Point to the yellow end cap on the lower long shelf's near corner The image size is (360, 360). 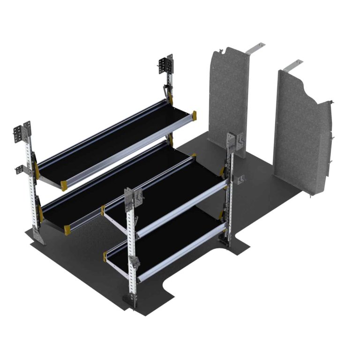tap(67, 227)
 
